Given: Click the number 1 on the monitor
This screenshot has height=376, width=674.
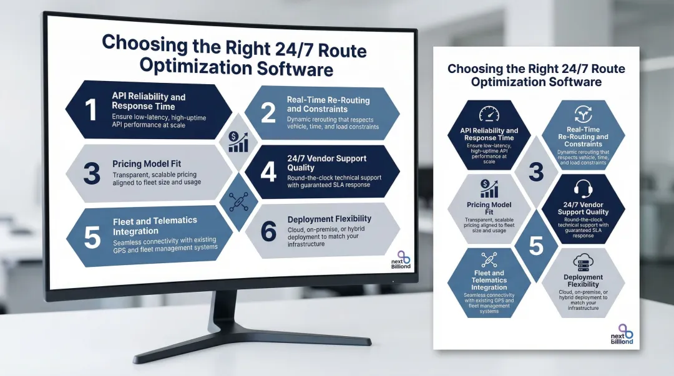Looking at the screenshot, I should [x=91, y=110].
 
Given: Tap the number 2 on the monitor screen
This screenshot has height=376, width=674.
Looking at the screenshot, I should [x=268, y=113].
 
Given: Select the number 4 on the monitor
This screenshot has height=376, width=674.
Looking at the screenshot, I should [x=268, y=172].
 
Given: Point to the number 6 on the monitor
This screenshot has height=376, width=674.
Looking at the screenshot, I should [x=268, y=231].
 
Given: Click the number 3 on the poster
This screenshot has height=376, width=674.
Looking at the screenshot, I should [x=535, y=171].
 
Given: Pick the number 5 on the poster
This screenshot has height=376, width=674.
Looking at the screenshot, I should [x=535, y=244].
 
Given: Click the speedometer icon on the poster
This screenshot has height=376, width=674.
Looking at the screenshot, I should [x=489, y=115].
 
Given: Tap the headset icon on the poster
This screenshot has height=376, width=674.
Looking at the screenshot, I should [x=582, y=188].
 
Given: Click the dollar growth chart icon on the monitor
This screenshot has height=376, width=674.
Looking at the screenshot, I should [x=238, y=142].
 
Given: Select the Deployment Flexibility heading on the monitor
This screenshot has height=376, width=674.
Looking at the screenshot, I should [x=329, y=219].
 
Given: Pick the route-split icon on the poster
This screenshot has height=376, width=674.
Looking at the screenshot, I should [x=582, y=115].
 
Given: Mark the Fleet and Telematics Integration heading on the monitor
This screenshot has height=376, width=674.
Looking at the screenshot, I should [x=155, y=224].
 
